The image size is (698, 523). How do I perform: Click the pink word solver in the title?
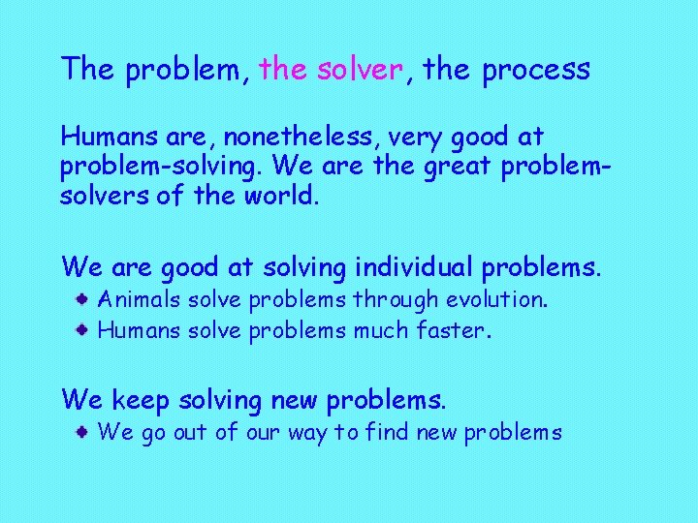[x=359, y=70]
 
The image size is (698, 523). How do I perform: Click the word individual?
[x=418, y=264]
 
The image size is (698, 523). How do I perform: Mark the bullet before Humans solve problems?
[x=85, y=330]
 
